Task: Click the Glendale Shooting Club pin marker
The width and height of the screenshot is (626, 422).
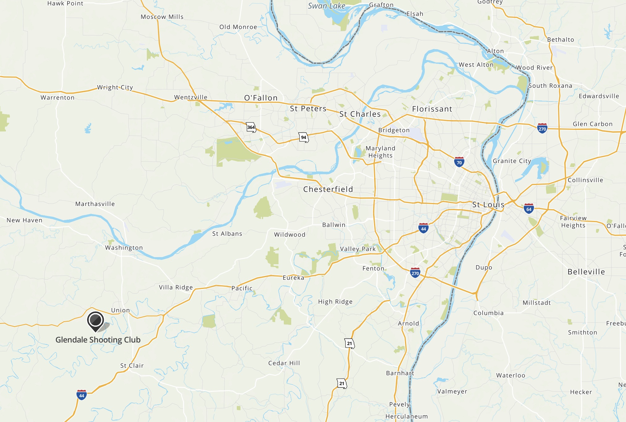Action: (96, 320)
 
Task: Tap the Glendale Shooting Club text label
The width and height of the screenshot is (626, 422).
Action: (98, 340)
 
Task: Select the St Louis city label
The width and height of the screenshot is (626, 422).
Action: (488, 205)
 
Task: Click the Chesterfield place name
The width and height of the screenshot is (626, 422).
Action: (328, 189)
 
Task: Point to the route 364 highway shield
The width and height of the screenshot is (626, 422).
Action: (251, 127)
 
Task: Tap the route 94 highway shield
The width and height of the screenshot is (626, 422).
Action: (304, 137)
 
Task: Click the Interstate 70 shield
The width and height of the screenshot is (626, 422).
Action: (459, 162)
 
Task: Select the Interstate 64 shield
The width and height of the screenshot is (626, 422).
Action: (529, 209)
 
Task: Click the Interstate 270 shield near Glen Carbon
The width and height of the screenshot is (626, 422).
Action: (542, 128)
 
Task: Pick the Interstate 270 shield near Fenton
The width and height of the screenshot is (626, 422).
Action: (415, 273)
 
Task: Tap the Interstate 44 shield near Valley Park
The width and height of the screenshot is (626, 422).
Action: (423, 228)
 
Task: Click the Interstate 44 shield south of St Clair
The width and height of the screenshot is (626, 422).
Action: (81, 395)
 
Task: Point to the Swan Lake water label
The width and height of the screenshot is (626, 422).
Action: (326, 6)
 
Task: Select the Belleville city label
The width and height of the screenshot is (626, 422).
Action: (586, 272)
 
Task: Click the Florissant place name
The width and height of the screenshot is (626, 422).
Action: (432, 109)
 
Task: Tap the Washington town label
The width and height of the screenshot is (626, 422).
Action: (124, 248)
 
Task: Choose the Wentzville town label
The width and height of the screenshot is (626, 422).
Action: (190, 97)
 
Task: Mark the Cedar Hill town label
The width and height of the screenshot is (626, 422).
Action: (284, 363)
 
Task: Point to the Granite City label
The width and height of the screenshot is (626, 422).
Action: (512, 161)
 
